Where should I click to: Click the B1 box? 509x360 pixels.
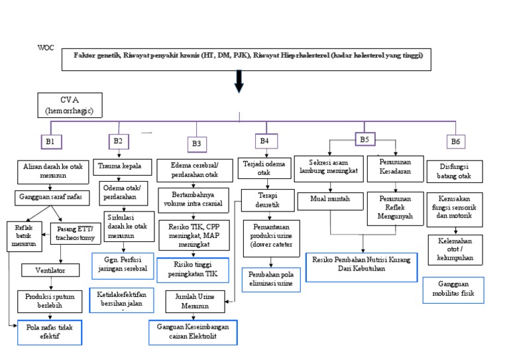(x=50, y=141)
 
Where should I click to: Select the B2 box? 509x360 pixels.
(x=118, y=141)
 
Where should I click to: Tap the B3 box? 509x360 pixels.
(x=196, y=143)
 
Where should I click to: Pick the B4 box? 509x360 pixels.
(x=264, y=141)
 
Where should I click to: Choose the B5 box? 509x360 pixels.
(x=364, y=139)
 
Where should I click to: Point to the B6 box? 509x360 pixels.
(x=455, y=141)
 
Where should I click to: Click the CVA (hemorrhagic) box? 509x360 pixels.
(x=70, y=105)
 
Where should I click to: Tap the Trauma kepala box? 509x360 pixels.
(x=124, y=166)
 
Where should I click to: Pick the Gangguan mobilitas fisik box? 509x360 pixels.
(x=453, y=290)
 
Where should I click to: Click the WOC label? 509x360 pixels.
(x=46, y=48)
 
